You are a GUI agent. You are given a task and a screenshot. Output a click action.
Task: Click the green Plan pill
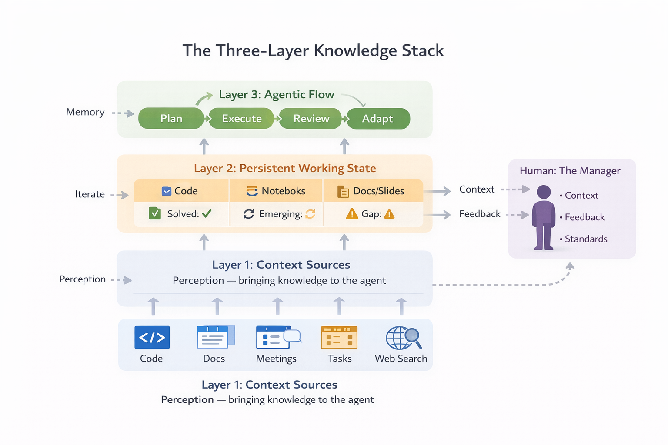click(x=171, y=119)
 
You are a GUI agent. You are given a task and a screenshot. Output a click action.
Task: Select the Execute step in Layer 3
click(x=242, y=119)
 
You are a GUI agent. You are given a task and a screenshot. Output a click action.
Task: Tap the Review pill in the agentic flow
click(x=311, y=119)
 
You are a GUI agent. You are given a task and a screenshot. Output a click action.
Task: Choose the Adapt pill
click(x=377, y=119)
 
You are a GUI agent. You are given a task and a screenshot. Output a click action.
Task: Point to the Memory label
click(x=85, y=112)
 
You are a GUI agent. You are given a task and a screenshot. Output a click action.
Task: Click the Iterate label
click(x=90, y=194)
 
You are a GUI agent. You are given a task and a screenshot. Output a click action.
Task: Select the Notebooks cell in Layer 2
click(x=276, y=191)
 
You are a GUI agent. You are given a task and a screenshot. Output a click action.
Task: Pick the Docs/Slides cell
click(x=372, y=191)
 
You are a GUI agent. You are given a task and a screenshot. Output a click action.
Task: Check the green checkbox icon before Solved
click(x=155, y=213)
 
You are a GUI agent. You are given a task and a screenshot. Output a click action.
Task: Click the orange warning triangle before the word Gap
click(x=351, y=214)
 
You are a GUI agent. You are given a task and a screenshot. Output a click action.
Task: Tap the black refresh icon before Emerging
click(x=249, y=214)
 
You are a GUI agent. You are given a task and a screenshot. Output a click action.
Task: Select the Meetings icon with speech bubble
click(x=278, y=338)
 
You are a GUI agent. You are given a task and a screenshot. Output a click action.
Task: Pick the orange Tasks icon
click(x=339, y=338)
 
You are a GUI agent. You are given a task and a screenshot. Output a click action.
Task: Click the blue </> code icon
click(x=152, y=337)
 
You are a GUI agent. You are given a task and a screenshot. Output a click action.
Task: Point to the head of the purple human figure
click(x=544, y=192)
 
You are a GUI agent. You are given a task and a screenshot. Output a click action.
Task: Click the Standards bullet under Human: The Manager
click(x=585, y=239)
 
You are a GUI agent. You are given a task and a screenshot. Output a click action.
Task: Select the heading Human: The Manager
click(x=570, y=171)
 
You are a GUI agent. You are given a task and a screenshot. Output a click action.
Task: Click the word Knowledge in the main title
click(x=355, y=51)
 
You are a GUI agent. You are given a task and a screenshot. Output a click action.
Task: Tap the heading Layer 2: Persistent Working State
click(x=285, y=168)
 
